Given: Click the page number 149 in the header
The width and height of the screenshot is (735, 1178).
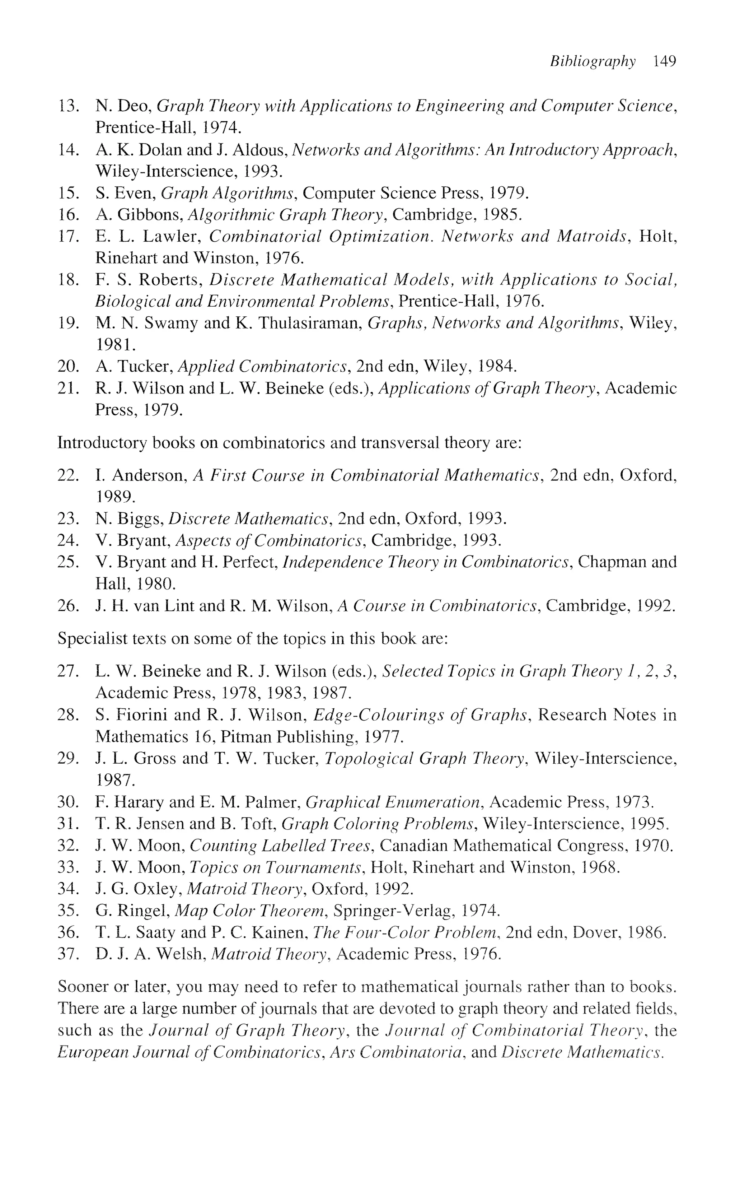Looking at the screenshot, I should coord(665,61).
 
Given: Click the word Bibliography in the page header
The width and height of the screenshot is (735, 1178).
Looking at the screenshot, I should coord(592,62).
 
